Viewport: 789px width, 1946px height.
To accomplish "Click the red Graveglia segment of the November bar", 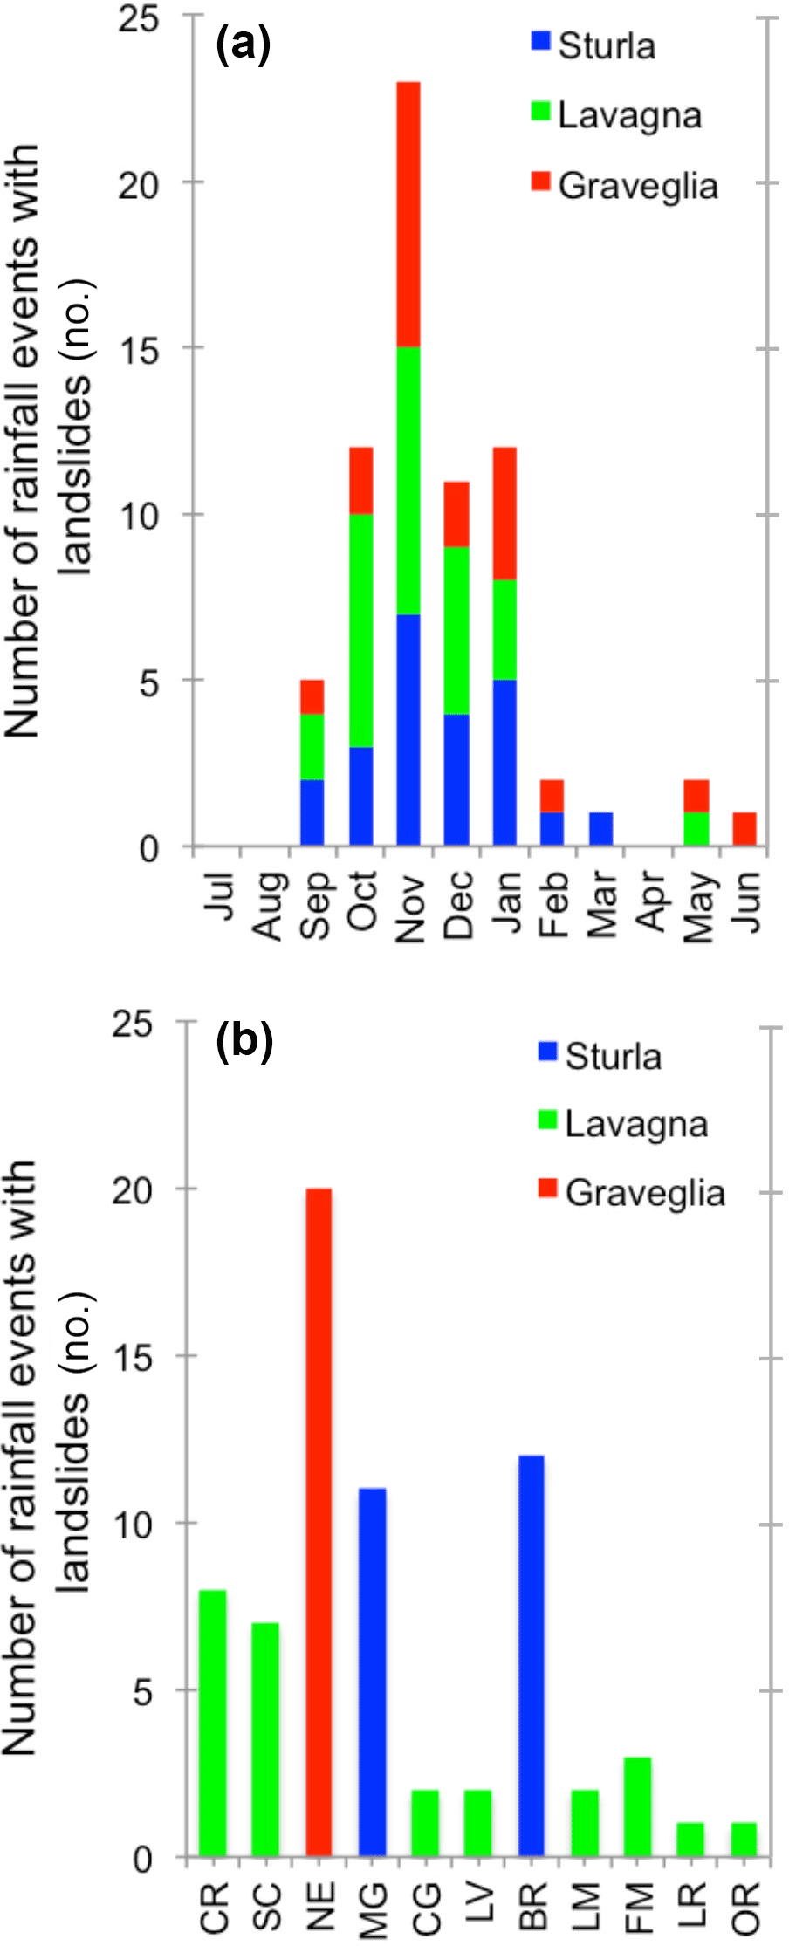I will [x=408, y=214].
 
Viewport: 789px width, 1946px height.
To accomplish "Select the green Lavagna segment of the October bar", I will [x=360, y=630].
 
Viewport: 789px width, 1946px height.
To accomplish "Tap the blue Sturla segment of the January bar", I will [x=504, y=762].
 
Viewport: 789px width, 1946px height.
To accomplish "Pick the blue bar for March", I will [x=600, y=828].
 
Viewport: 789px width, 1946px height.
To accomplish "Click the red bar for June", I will [x=744, y=828].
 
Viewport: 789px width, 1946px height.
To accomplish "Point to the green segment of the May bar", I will [x=696, y=828].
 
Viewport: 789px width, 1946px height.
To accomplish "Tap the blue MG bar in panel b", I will [x=372, y=1671].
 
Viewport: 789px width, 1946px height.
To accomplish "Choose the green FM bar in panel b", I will [x=637, y=1806].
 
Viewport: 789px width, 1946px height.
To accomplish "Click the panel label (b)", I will [x=244, y=1040].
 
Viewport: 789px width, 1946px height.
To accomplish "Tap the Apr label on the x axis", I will [x=650, y=902].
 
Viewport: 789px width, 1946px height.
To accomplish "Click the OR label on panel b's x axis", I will [x=746, y=1908].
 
